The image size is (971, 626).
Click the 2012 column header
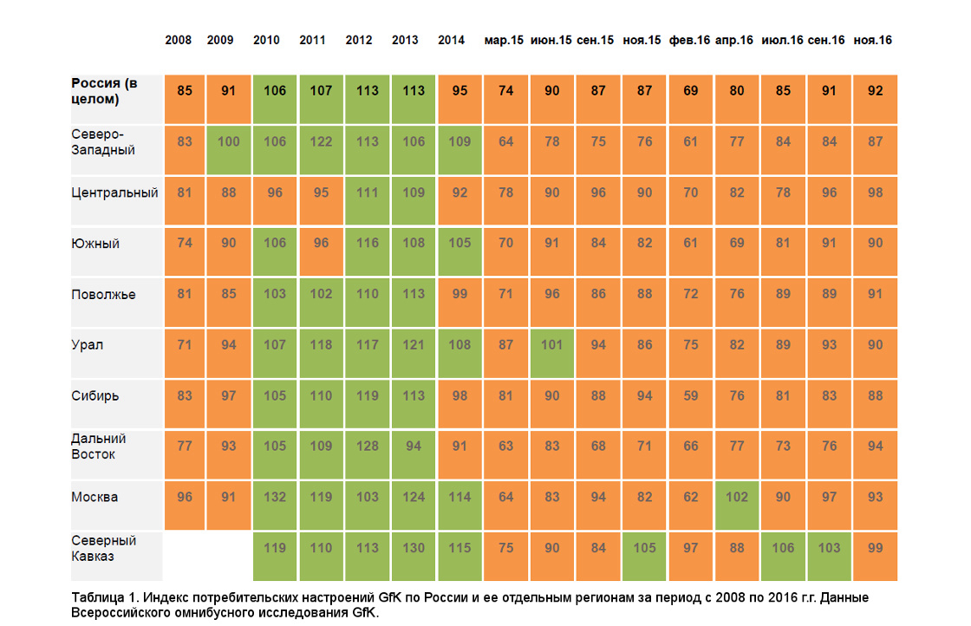point(359,40)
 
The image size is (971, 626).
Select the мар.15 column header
point(504,40)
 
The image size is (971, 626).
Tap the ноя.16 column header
point(872,40)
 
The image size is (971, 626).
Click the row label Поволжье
point(103,295)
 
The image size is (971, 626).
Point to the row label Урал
point(88,345)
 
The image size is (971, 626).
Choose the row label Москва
point(94,497)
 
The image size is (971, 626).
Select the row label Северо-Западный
point(103,142)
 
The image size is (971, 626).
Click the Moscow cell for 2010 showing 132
point(274,505)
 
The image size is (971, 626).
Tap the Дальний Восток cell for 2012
point(368,454)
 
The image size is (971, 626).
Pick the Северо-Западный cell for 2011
point(321,150)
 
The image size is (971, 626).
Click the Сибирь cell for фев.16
point(690,404)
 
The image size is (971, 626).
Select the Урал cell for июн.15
point(551,353)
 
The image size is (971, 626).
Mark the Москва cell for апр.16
point(736,505)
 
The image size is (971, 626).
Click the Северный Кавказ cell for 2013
point(413,556)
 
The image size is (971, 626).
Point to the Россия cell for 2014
point(459,99)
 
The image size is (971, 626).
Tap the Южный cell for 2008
point(185,251)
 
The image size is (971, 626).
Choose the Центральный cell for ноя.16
point(875,200)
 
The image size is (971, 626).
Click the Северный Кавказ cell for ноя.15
point(644,556)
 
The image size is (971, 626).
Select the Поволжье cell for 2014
point(459,303)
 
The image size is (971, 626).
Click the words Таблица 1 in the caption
point(103,597)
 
